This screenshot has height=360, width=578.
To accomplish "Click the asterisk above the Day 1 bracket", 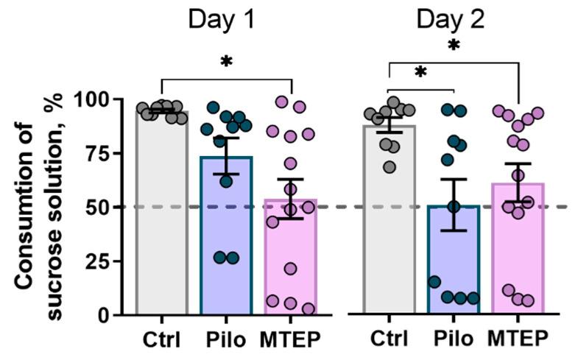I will tap(226, 63).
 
